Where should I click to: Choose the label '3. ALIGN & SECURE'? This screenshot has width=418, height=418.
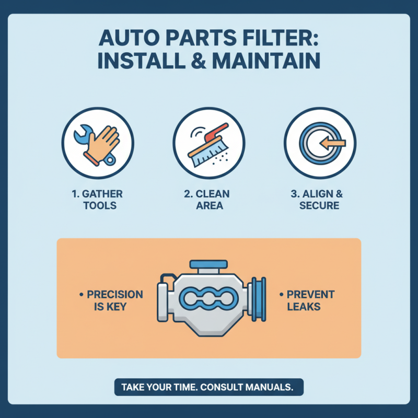point(319,200)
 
